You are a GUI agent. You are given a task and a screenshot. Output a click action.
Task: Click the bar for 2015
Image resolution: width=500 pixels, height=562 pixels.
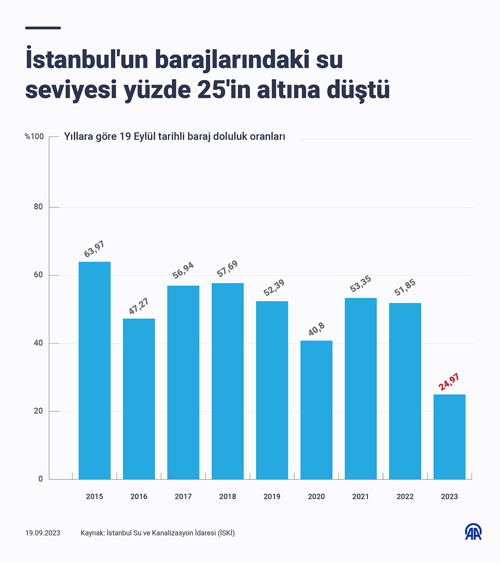tap(95, 370)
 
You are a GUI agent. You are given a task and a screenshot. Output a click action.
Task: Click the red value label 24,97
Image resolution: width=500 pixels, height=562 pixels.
tap(449, 382)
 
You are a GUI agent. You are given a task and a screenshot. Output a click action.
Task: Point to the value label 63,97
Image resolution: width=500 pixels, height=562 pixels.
tap(94, 249)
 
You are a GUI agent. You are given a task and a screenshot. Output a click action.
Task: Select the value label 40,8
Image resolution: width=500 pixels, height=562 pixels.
tap(317, 329)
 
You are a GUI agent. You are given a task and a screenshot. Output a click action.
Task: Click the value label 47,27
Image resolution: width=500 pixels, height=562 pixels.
tap(138, 306)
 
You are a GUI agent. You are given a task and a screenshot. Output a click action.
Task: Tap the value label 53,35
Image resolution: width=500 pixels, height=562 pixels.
tap(360, 284)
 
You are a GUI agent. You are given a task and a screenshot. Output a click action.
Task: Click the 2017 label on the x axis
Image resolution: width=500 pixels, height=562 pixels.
tap(183, 496)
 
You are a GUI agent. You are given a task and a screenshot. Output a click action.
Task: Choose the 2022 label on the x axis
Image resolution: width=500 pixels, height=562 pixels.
tap(405, 496)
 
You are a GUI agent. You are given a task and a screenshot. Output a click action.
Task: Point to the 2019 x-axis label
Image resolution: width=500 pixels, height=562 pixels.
tap(272, 496)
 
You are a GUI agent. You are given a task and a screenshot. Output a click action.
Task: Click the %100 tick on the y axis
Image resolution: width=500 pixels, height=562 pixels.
tap(34, 137)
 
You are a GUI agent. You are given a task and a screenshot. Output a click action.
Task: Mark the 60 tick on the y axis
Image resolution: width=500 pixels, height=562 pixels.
tap(38, 275)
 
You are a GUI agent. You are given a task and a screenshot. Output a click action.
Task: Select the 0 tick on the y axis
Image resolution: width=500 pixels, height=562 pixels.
tap(41, 479)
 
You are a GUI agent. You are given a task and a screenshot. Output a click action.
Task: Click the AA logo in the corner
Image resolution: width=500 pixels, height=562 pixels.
tap(473, 532)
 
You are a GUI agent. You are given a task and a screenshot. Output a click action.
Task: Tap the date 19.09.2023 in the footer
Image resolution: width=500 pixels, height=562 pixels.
tap(43, 533)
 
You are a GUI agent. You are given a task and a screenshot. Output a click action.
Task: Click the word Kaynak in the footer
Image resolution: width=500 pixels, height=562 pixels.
tap(92, 533)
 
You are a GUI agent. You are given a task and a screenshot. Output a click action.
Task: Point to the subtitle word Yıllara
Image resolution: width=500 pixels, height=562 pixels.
tap(78, 137)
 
